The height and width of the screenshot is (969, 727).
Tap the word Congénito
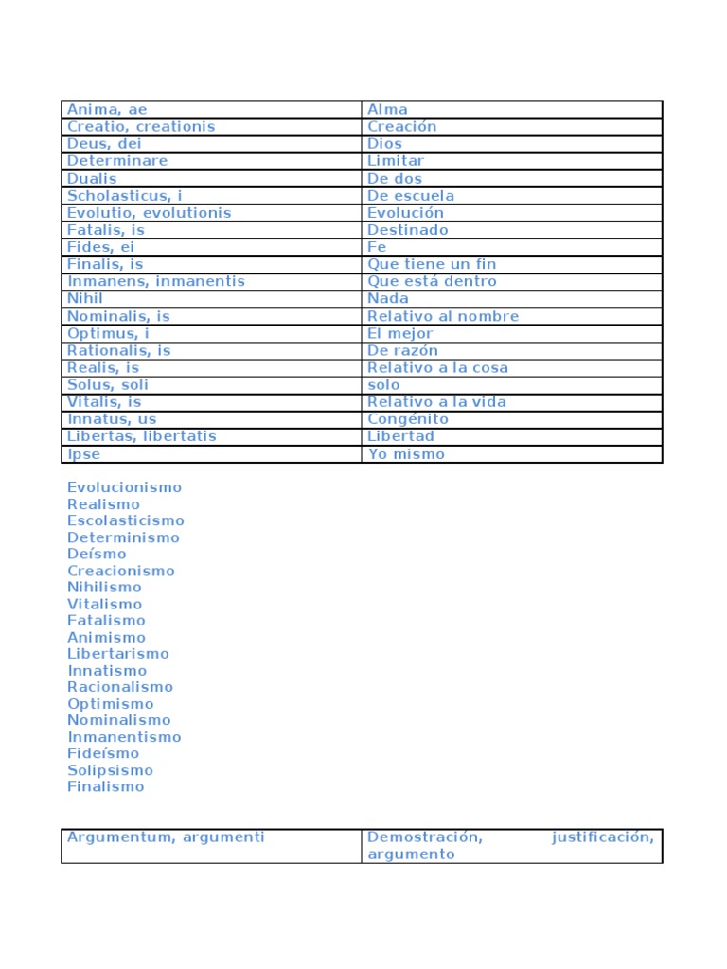tap(408, 419)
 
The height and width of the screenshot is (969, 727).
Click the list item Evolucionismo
tap(124, 487)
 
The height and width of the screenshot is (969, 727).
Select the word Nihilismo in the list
tap(104, 588)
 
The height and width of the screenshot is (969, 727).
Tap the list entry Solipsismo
tap(110, 770)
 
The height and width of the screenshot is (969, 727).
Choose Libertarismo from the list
tap(118, 654)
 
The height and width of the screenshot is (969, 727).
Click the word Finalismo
tap(106, 786)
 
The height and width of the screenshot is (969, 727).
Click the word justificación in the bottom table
tap(602, 837)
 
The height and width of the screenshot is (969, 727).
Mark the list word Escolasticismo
tap(126, 520)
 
